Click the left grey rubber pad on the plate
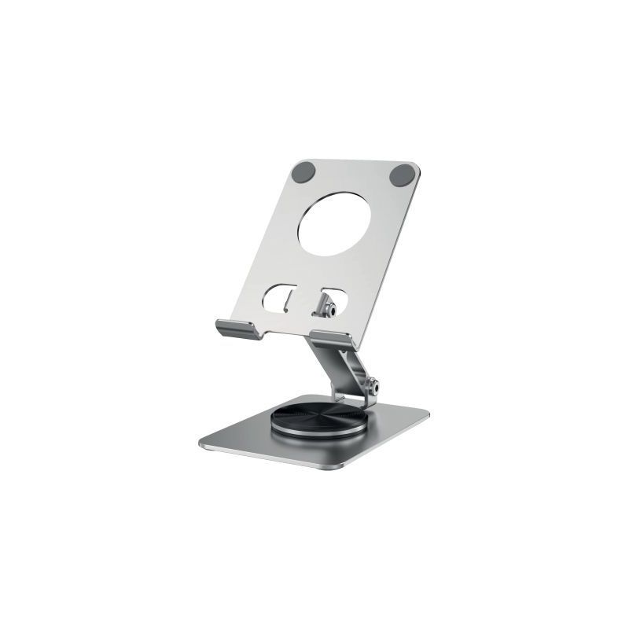(x=304, y=171)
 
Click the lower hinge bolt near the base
(x=377, y=387)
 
